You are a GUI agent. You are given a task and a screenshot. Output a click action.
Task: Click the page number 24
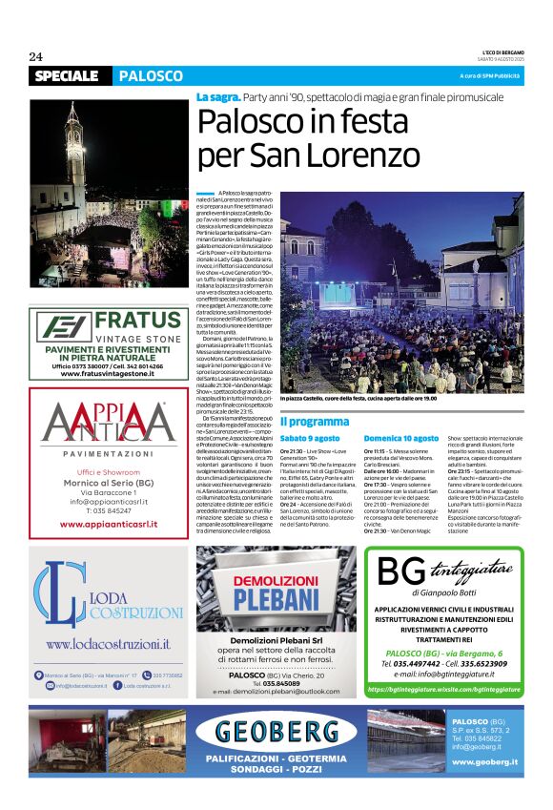36,56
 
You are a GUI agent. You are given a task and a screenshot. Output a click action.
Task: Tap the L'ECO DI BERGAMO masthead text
502,52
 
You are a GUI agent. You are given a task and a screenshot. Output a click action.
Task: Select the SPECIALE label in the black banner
67,75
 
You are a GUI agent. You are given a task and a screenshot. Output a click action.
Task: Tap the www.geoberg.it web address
485,761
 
